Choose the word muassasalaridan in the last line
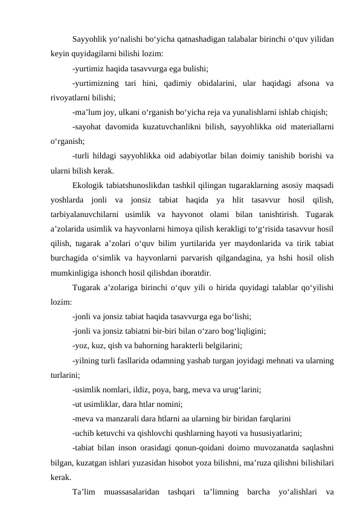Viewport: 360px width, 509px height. (130, 490)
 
